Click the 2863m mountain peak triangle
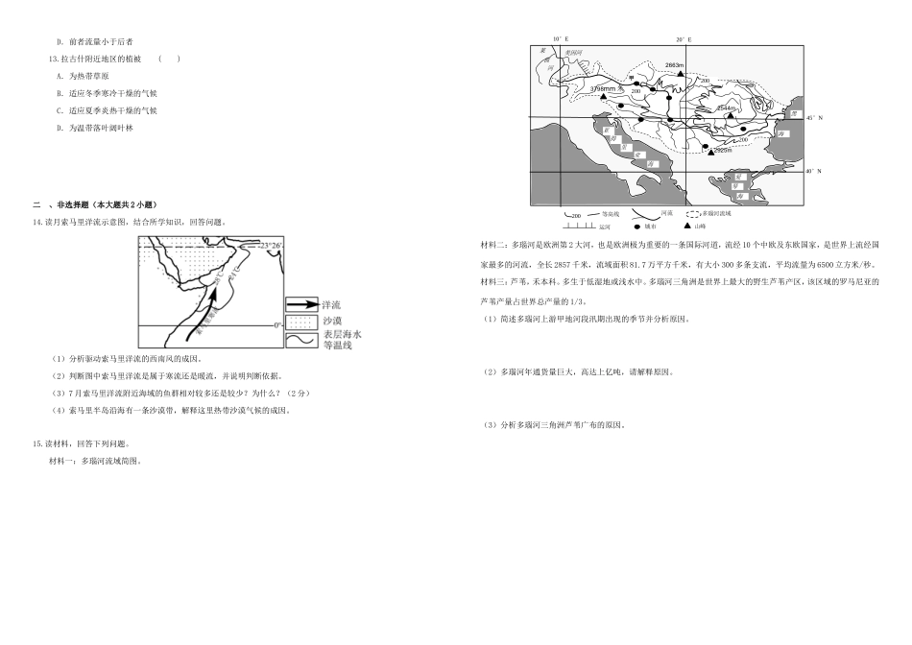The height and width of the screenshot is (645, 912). [x=680, y=73]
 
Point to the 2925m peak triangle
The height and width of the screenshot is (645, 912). [x=708, y=150]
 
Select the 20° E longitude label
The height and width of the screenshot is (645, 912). [x=684, y=39]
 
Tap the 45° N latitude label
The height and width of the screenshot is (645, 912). [x=814, y=118]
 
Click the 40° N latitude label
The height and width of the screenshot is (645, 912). [x=814, y=172]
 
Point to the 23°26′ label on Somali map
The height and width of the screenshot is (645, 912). [x=270, y=247]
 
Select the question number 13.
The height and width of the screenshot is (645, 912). [x=53, y=59]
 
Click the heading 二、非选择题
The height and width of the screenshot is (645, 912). [x=94, y=205]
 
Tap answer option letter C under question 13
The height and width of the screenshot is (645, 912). [x=60, y=110]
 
